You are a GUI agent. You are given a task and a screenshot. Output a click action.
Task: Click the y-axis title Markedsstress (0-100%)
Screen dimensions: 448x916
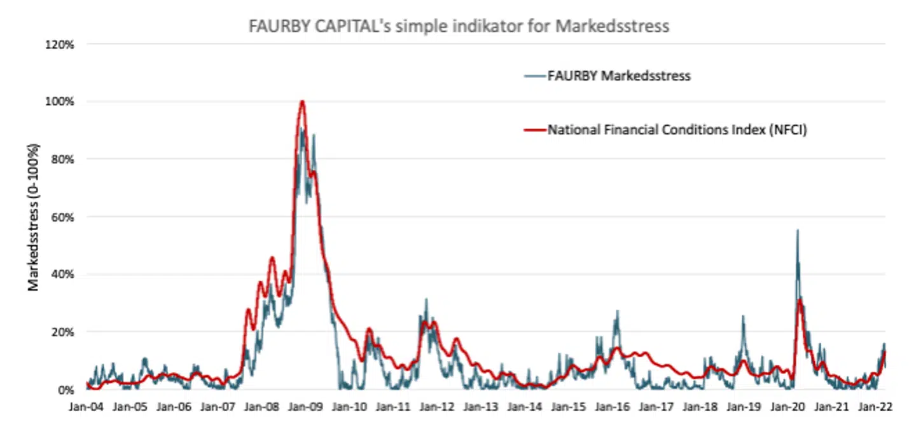point(34,218)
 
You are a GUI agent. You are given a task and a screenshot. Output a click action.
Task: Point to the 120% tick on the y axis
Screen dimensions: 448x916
point(62,44)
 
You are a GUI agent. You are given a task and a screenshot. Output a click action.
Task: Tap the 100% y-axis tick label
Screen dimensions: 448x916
point(62,102)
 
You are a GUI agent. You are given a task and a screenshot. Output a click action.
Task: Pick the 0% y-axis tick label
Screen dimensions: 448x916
point(67,390)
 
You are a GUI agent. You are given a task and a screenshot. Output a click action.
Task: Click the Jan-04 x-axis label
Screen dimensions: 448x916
point(86,407)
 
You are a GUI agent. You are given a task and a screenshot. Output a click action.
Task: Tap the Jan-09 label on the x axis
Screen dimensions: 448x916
point(306,407)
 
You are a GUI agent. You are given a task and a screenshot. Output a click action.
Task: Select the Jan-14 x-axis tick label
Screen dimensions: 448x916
point(525,407)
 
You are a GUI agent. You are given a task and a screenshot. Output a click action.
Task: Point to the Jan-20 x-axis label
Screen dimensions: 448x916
point(789,407)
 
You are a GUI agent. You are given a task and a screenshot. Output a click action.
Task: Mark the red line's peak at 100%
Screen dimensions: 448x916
point(302,101)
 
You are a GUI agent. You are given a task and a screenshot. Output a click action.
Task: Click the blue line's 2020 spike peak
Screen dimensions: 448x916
point(798,230)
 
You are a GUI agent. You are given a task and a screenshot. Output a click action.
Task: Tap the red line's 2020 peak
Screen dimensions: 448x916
point(800,299)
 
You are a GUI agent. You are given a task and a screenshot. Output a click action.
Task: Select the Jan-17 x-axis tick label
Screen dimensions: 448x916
point(657,407)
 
